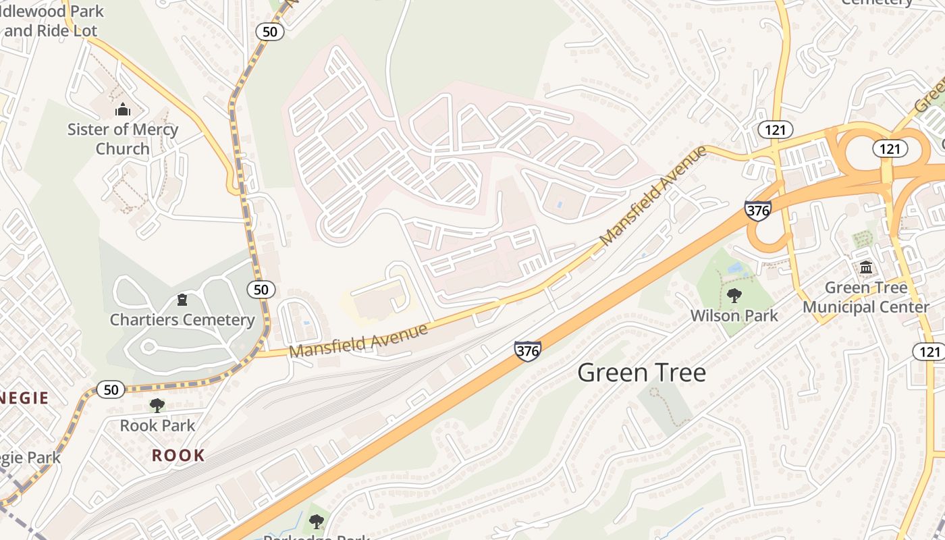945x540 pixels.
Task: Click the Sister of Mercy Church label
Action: coord(123,139)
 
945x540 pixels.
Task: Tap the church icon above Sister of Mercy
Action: coord(123,109)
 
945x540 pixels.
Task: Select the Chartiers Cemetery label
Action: coord(182,320)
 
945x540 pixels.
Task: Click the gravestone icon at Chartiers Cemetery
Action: coord(182,300)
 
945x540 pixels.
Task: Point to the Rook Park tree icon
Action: coord(157,406)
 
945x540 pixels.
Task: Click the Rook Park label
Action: coord(157,426)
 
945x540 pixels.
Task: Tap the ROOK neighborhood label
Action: coord(178,456)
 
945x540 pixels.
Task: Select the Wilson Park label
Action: coord(734,316)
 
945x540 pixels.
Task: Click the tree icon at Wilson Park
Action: coord(734,296)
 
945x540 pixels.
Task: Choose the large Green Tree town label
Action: coord(641,373)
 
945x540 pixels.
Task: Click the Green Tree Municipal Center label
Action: coord(866,298)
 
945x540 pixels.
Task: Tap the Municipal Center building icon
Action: coord(866,268)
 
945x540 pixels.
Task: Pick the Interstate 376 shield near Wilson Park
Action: coord(758,211)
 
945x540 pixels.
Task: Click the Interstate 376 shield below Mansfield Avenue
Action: coord(527,350)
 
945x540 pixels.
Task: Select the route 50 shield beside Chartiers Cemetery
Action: coord(261,290)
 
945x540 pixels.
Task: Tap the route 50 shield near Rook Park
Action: coord(111,389)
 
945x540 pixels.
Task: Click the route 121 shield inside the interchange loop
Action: coord(890,148)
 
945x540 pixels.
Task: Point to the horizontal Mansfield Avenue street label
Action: coord(358,341)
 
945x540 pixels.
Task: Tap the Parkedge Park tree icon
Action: coord(316,522)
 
